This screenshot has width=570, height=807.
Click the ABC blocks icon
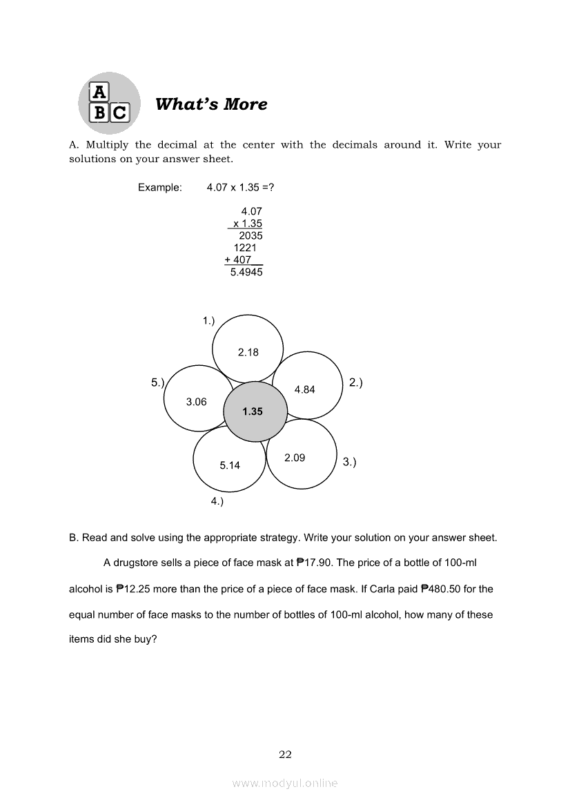click(x=109, y=102)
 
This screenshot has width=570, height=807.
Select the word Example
click(x=159, y=187)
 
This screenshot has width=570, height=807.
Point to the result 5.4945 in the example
click(x=246, y=272)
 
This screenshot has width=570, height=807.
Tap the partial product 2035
click(x=250, y=235)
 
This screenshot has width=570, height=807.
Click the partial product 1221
click(x=245, y=247)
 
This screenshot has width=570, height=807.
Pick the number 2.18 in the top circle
click(x=248, y=352)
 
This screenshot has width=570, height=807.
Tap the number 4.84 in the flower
click(x=304, y=389)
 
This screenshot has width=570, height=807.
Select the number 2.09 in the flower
click(x=295, y=458)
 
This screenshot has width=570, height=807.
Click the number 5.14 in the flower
click(x=230, y=465)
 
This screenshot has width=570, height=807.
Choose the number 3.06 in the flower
click(x=197, y=402)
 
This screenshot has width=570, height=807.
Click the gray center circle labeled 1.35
click(x=253, y=411)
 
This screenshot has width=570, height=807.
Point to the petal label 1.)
click(x=208, y=320)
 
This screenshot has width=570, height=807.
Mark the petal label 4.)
click(x=217, y=502)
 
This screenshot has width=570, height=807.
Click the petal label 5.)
click(x=157, y=382)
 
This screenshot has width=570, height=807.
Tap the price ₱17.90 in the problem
click(x=315, y=563)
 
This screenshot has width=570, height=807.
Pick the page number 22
click(x=285, y=755)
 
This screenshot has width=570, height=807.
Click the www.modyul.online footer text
click(x=285, y=783)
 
